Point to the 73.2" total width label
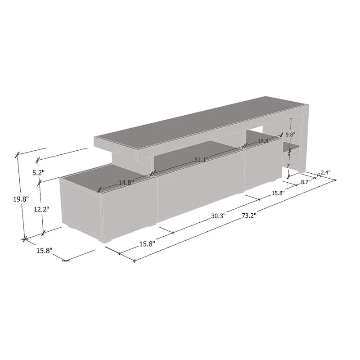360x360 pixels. click(x=248, y=215)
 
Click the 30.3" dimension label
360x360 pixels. click(x=218, y=216)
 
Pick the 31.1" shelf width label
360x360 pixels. click(x=201, y=160)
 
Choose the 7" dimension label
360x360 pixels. click(x=289, y=166)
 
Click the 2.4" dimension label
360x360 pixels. click(x=326, y=172)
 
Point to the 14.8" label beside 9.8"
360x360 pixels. click(x=265, y=141)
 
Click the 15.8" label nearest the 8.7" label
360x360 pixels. click(x=277, y=193)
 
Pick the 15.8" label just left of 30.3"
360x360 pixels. click(x=147, y=244)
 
